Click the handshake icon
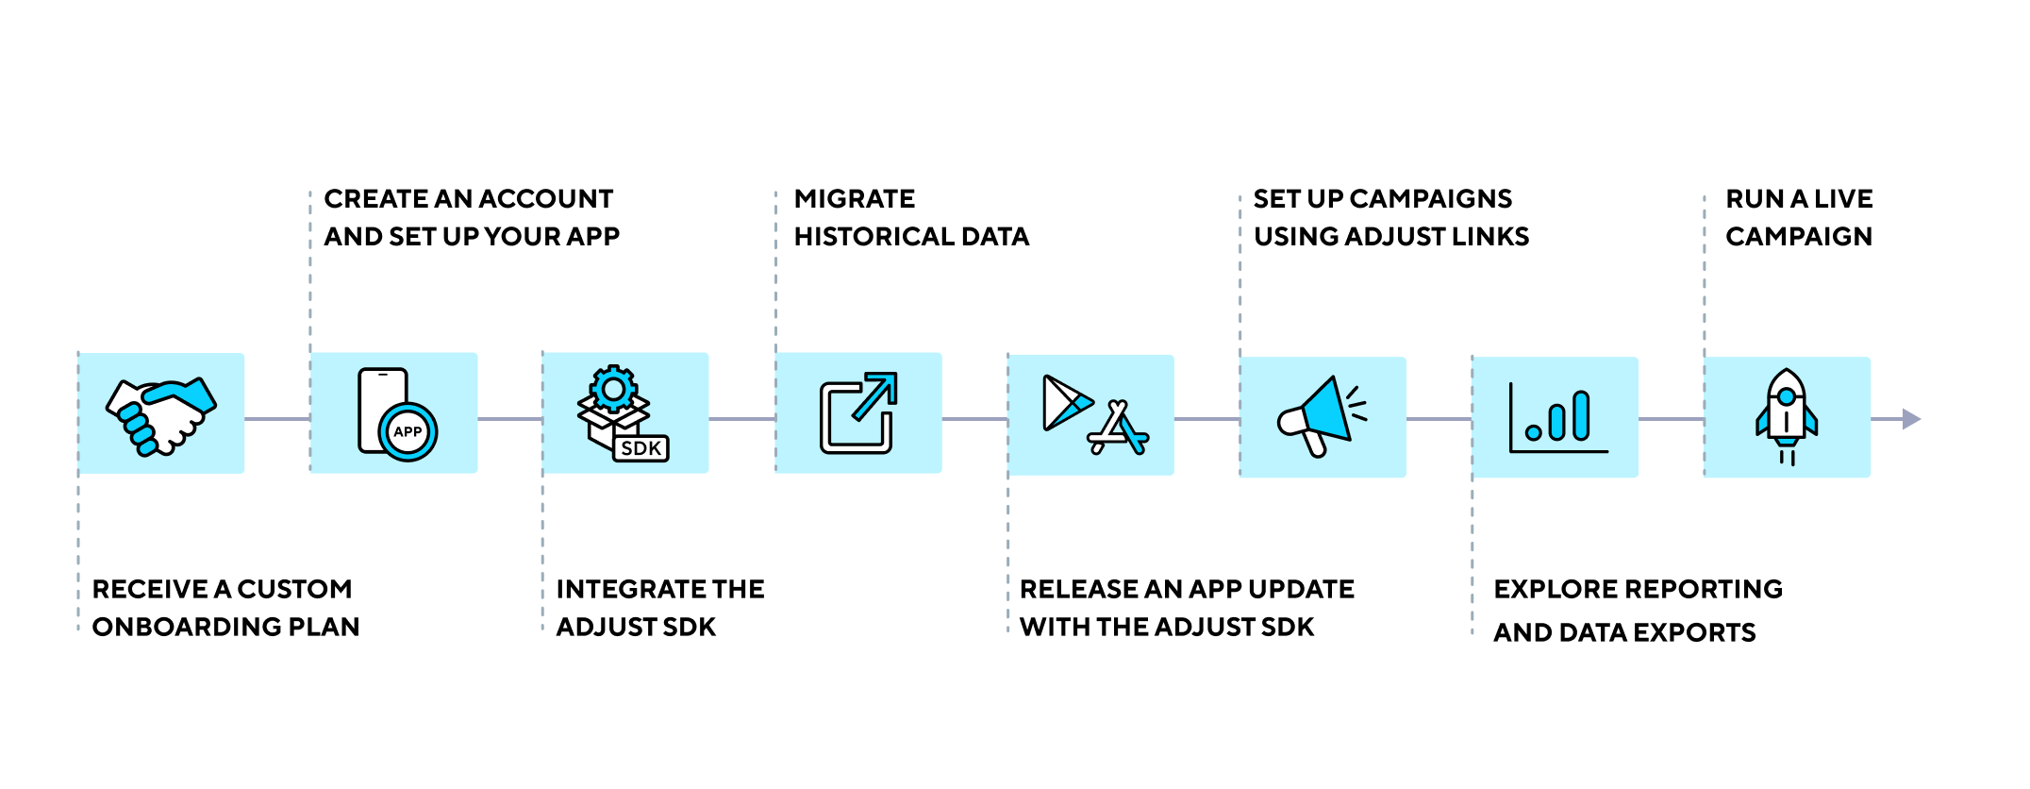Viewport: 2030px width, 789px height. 161,415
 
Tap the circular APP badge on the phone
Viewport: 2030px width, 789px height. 408,432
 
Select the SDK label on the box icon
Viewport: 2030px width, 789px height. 641,448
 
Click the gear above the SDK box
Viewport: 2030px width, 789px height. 613,388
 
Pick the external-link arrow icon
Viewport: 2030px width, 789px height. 858,412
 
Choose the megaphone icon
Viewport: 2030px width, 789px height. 1321,416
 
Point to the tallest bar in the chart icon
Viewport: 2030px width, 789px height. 1582,415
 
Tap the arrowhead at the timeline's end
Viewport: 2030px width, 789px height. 1911,419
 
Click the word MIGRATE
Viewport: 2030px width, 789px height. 855,199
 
